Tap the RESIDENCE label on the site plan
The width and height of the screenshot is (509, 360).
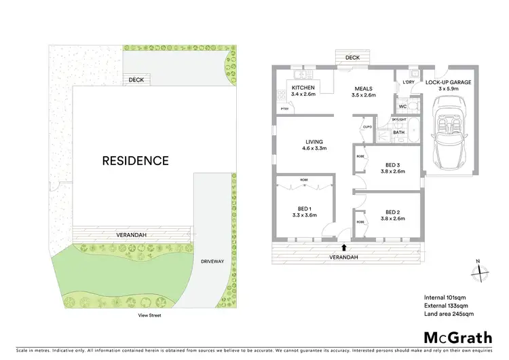[135, 161]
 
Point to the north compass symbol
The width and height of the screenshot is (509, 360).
[478, 270]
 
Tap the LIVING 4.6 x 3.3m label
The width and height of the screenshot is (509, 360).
[314, 144]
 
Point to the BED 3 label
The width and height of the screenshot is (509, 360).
[390, 168]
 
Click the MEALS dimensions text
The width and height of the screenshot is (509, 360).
[364, 95]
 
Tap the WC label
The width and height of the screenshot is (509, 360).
[402, 107]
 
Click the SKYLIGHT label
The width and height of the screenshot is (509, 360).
[399, 119]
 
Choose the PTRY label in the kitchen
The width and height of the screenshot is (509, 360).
[284, 109]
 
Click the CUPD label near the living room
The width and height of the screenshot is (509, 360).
[367, 127]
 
